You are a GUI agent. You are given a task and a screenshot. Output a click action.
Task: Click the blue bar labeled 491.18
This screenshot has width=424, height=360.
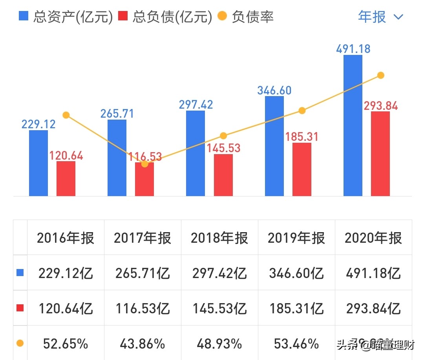[x=353, y=125]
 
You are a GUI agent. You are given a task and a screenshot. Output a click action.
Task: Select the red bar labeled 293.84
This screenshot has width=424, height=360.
[x=380, y=154]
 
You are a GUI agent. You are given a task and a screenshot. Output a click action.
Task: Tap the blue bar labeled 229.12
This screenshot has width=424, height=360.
[x=38, y=163]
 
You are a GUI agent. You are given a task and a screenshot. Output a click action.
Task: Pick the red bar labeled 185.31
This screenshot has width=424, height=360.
[x=302, y=169]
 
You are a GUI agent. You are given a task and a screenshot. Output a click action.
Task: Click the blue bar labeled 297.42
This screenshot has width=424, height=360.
[x=196, y=153]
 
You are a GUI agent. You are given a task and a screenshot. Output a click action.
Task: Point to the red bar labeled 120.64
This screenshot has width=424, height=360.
[x=66, y=178]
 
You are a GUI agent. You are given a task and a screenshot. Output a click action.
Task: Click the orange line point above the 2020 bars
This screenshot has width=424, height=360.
[x=380, y=75]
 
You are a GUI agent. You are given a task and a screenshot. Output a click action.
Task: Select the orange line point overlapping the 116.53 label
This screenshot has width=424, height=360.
[x=144, y=164]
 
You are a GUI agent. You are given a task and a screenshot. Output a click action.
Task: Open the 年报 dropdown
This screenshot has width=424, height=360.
[x=380, y=16]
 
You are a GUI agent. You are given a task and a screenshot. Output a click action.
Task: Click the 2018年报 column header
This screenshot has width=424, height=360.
[x=219, y=238]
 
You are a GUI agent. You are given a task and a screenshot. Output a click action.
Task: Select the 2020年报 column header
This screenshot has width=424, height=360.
[x=373, y=238]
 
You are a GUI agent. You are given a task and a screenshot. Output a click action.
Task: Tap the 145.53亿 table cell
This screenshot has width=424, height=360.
[x=219, y=309]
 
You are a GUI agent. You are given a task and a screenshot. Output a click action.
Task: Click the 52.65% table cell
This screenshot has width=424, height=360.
[x=66, y=344]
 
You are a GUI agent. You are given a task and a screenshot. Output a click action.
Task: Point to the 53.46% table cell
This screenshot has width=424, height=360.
[x=296, y=344]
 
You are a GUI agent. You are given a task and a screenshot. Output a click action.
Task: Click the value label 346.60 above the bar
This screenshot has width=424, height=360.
[x=274, y=90]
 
